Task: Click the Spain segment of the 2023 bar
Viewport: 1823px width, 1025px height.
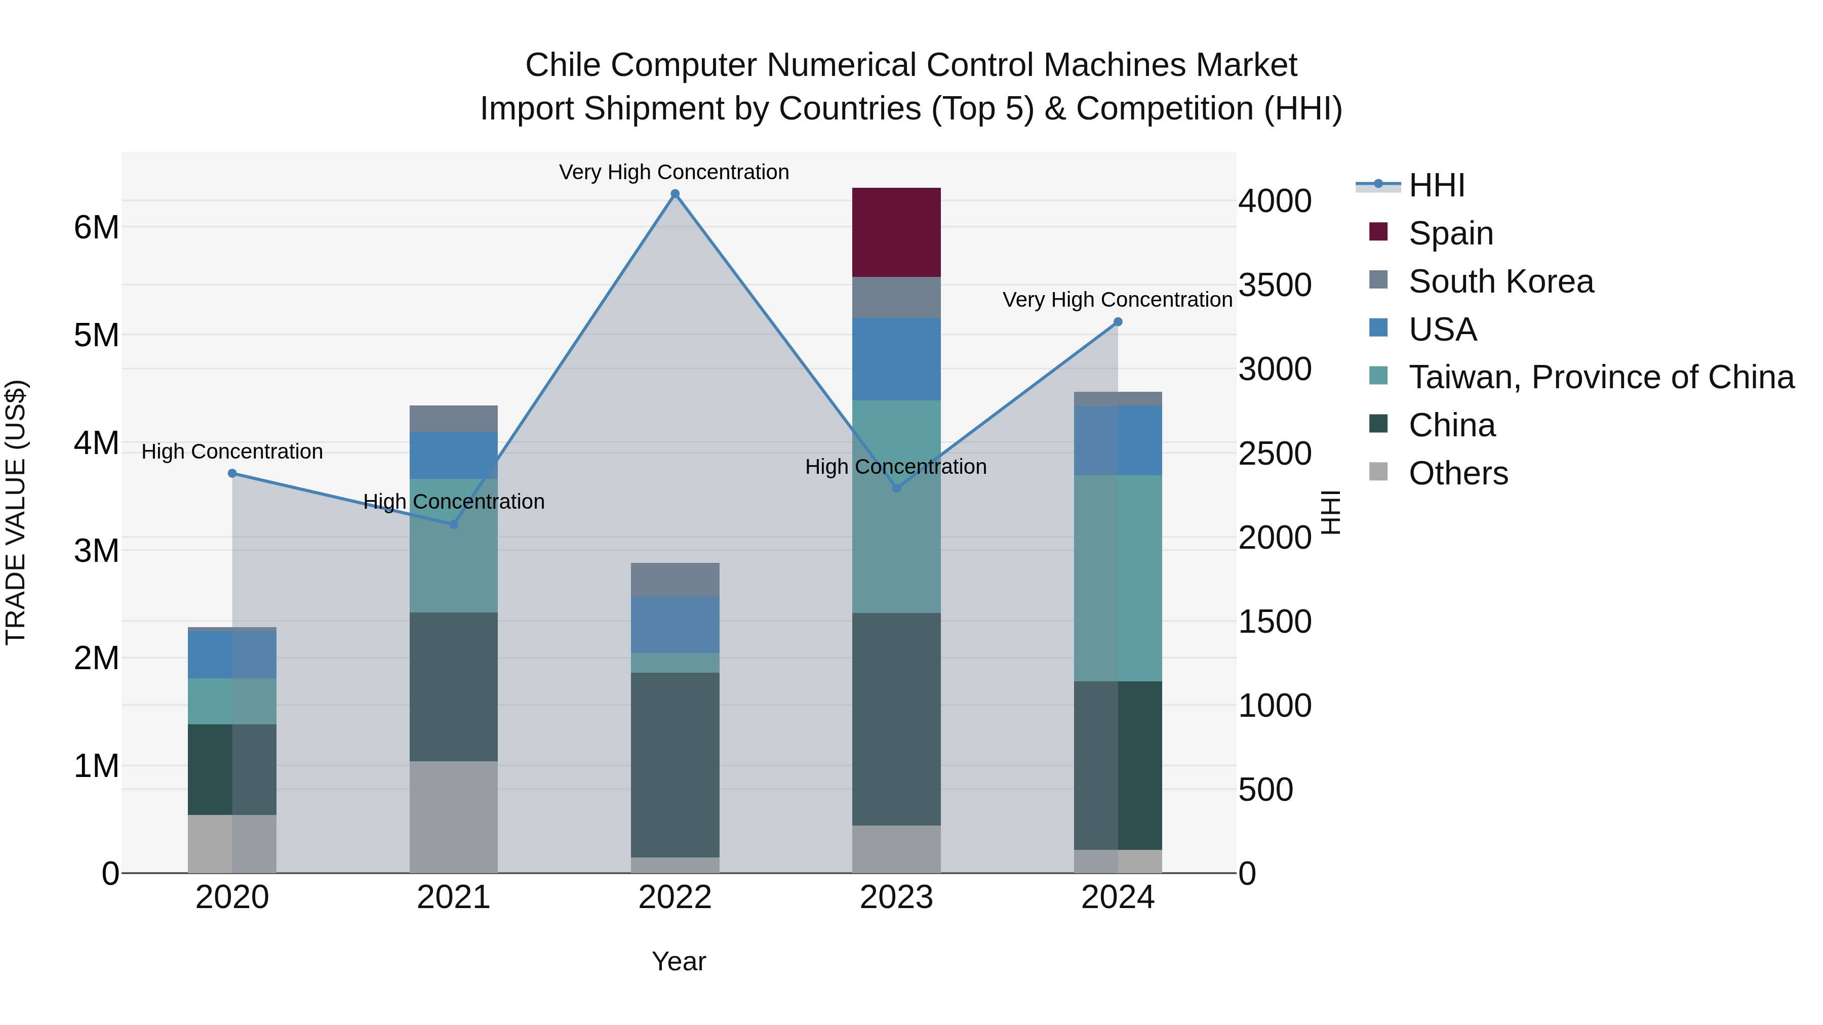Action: pyautogui.click(x=896, y=232)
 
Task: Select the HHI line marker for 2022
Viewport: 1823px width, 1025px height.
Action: pyautogui.click(x=675, y=194)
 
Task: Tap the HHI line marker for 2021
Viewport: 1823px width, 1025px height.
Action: pyautogui.click(x=454, y=524)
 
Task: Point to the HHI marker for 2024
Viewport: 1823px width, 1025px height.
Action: pyautogui.click(x=1118, y=322)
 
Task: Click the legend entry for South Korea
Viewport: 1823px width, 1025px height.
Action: pyautogui.click(x=1500, y=281)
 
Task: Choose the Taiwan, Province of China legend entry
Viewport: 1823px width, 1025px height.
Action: pyautogui.click(x=1601, y=377)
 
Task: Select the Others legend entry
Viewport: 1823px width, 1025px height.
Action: pyautogui.click(x=1458, y=473)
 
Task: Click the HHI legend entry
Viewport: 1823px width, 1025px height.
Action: pyautogui.click(x=1437, y=185)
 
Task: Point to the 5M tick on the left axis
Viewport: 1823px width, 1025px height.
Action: pyautogui.click(x=96, y=335)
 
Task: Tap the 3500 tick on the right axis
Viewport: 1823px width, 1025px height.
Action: pyautogui.click(x=1275, y=285)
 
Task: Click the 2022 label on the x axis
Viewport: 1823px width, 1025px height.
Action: pyautogui.click(x=675, y=897)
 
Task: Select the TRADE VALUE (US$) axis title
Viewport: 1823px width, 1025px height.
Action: pyautogui.click(x=16, y=512)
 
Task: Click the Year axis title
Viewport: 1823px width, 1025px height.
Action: pyautogui.click(x=678, y=961)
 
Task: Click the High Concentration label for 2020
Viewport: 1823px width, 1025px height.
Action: pyautogui.click(x=232, y=452)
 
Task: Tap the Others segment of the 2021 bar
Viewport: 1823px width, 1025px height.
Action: pyautogui.click(x=454, y=816)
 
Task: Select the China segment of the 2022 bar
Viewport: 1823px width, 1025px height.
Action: pyautogui.click(x=675, y=764)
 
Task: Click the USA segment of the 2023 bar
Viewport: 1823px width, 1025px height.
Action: pyautogui.click(x=896, y=359)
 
